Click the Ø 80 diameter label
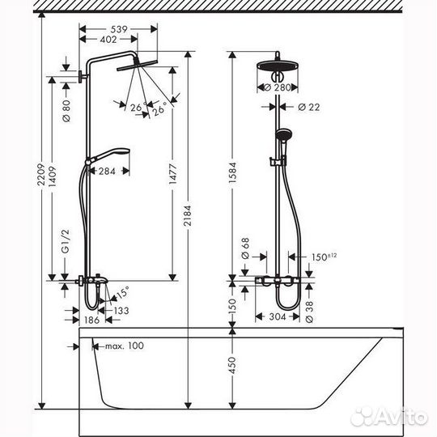(66, 107)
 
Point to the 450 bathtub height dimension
(234, 366)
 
